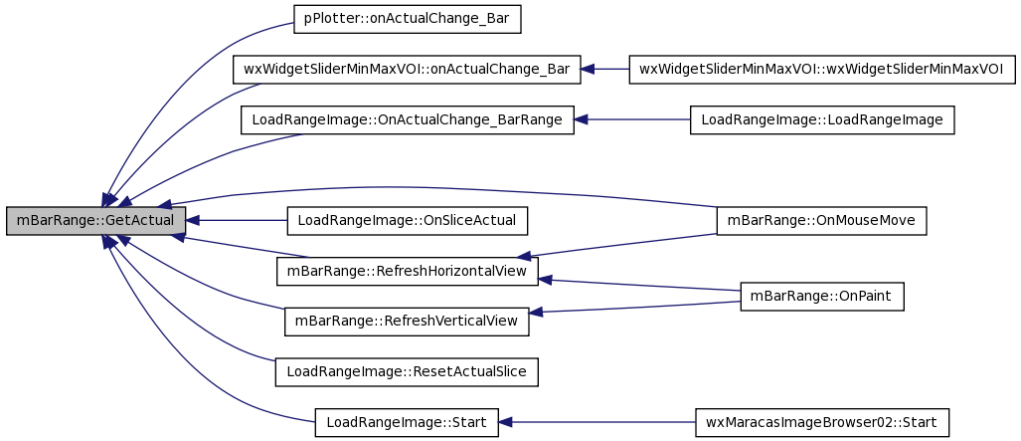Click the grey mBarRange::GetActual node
pos(95,221)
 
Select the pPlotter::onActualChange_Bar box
pos(408,20)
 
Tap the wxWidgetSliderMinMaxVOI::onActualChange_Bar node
pos(407,69)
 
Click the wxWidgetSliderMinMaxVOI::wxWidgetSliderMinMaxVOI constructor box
pos(822,69)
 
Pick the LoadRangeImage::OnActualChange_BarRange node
pos(407,120)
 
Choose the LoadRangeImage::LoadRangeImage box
pos(822,120)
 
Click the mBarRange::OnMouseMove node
pos(821,221)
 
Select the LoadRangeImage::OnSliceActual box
pos(407,221)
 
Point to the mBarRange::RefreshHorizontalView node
pos(408,271)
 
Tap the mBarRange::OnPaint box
pos(822,297)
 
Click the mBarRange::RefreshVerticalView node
pos(407,321)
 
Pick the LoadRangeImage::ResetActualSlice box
pos(407,372)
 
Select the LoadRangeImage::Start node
pos(407,423)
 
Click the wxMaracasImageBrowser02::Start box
pos(822,423)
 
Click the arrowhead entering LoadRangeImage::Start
pos(505,423)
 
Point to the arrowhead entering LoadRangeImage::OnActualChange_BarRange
pos(581,120)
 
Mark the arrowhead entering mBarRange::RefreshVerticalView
pos(536,314)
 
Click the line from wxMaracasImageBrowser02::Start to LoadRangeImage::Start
pos(596,423)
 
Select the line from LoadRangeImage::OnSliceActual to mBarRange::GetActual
pos(237,221)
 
